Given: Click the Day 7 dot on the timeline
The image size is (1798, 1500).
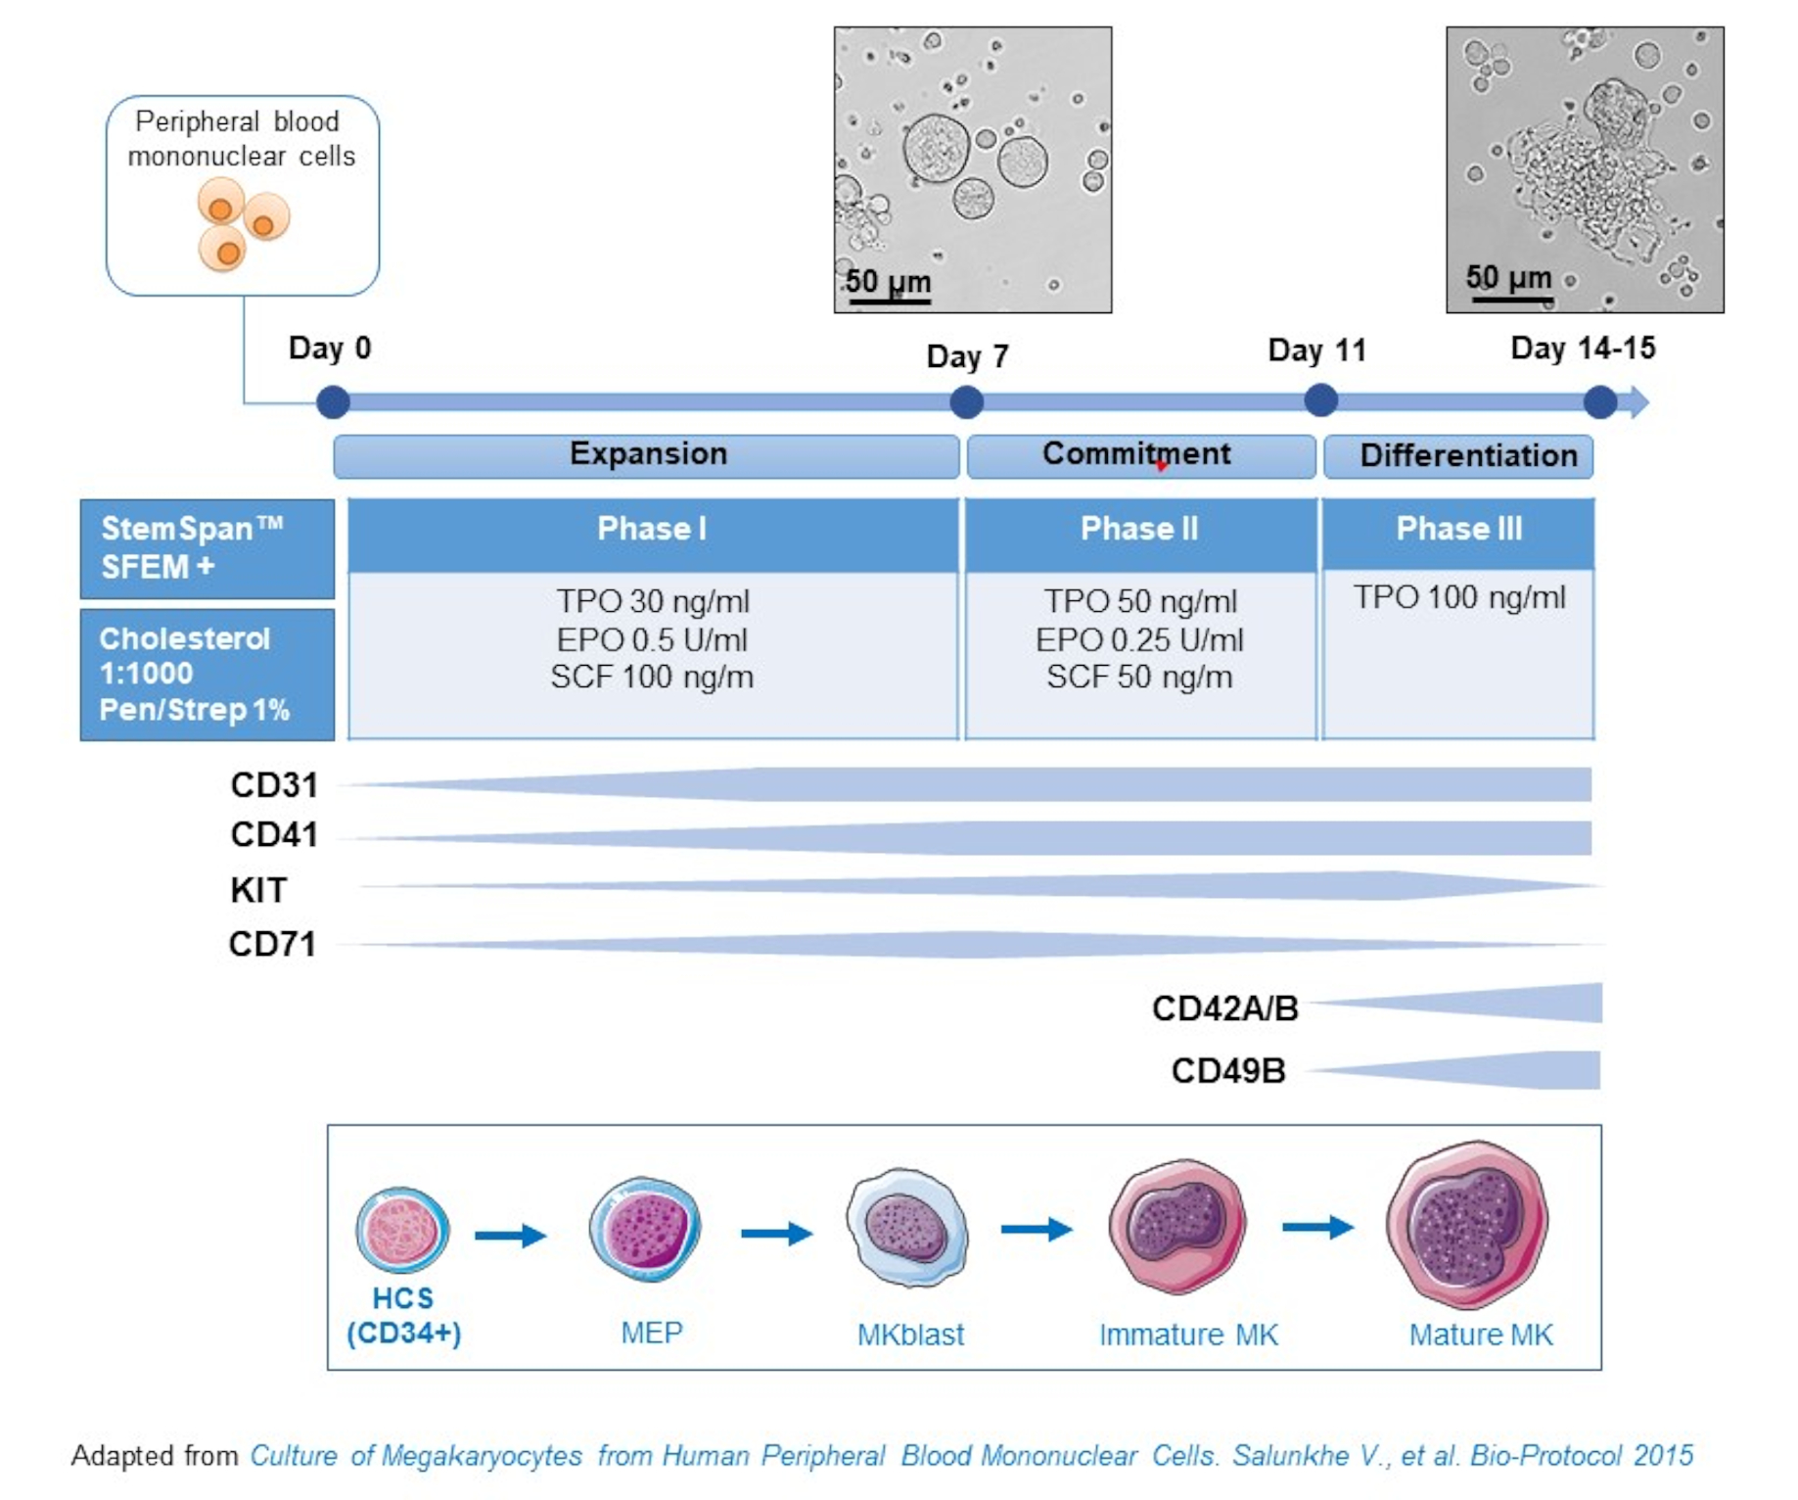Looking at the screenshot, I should click(965, 402).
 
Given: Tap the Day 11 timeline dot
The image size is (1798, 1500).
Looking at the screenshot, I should click(1320, 400).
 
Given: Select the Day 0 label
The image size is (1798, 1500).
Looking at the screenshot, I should click(330, 348).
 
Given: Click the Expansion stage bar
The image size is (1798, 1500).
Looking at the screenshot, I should click(646, 455).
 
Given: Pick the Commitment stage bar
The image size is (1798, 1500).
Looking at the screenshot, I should click(1140, 455).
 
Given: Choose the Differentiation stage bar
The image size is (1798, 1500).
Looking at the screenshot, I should click(1458, 456).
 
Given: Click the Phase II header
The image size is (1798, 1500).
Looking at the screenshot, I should click(1140, 530).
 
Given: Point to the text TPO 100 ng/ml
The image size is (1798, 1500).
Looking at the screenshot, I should click(1458, 597).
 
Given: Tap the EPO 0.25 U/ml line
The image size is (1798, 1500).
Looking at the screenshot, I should click(1140, 640).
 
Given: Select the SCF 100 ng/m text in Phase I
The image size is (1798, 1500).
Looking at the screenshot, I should click(652, 678).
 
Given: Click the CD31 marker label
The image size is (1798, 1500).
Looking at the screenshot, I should click(274, 785).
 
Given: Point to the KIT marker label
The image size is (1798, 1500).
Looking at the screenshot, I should click(258, 890).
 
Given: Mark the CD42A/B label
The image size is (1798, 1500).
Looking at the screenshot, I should click(1224, 1008).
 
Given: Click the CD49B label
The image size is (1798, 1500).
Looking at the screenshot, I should click(1228, 1071).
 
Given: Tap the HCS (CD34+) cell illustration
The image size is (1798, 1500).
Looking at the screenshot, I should click(402, 1230).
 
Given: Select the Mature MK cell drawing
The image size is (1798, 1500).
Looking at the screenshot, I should click(1466, 1224).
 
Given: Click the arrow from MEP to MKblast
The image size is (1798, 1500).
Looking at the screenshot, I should click(776, 1234).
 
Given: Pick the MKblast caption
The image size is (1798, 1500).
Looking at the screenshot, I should click(910, 1335).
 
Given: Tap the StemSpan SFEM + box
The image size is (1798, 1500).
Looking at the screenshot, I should click(207, 548).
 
